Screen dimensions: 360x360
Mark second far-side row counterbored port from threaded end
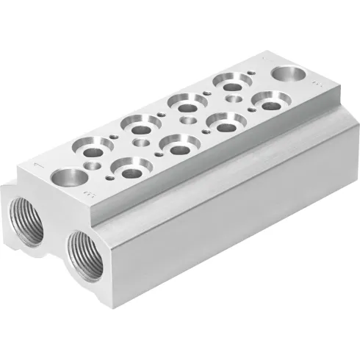click(x=137, y=126)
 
